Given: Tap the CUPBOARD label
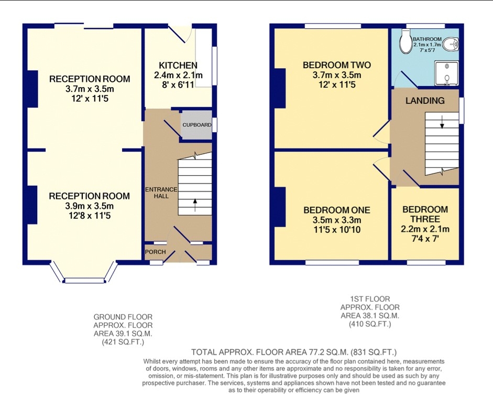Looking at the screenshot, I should click(x=197, y=125).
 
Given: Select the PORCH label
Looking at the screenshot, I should click(x=155, y=252).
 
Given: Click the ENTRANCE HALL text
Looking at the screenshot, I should click(x=161, y=193).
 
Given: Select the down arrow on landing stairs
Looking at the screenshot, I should click(x=442, y=122).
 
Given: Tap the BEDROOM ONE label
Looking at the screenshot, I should click(x=337, y=210).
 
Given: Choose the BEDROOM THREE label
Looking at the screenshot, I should click(x=425, y=214).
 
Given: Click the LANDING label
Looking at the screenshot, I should click(x=425, y=101).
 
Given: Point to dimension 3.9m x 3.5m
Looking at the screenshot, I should click(x=89, y=206).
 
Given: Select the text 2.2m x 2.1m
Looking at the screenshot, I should click(x=425, y=229).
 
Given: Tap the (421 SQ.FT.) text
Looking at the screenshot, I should click(x=123, y=342).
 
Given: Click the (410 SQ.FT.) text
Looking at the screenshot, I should click(x=370, y=324).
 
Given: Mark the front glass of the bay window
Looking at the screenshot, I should click(x=84, y=281).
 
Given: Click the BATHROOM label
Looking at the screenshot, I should click(x=427, y=39).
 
